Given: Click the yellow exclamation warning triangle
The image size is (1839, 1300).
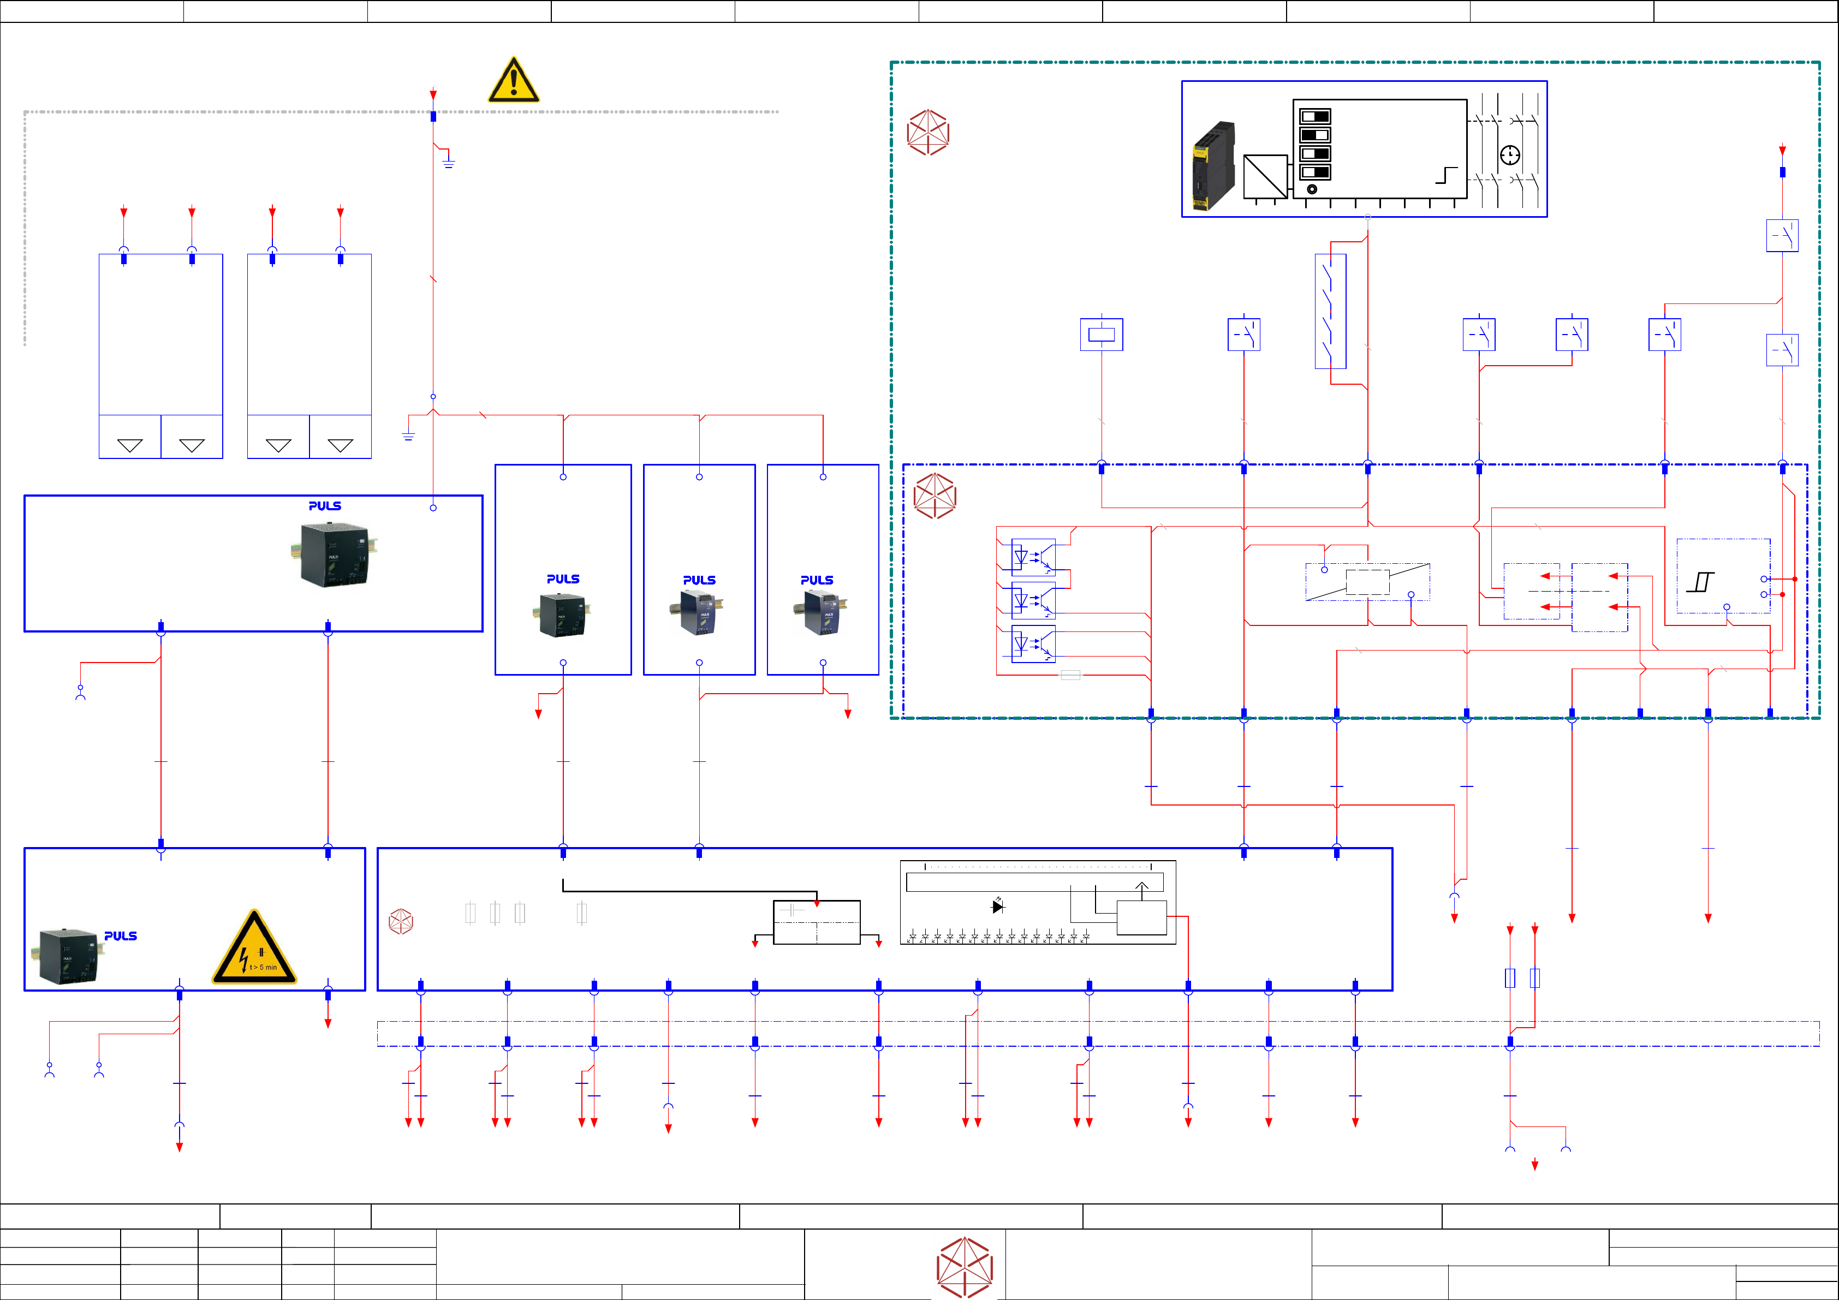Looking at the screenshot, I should pyautogui.click(x=514, y=81).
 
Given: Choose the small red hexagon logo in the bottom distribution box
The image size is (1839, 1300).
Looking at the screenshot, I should pyautogui.click(x=401, y=921).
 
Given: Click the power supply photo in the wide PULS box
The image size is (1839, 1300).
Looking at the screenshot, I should pyautogui.click(x=333, y=554).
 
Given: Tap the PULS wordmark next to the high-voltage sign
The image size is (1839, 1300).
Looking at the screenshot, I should pyautogui.click(x=121, y=935).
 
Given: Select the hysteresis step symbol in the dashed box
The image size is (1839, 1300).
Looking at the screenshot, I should pyautogui.click(x=1700, y=582).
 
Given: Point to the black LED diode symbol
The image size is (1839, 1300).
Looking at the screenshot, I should pyautogui.click(x=998, y=906).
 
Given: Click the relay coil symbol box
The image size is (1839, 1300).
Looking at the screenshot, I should pyautogui.click(x=1102, y=335).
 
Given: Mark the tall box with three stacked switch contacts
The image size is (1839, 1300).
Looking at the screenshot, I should pyautogui.click(x=1330, y=312).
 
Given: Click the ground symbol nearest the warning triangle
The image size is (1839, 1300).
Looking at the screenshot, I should pyautogui.click(x=449, y=161).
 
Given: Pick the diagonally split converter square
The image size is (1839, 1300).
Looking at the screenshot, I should pyautogui.click(x=1265, y=177).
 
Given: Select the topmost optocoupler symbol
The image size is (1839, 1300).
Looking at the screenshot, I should pyautogui.click(x=1033, y=557).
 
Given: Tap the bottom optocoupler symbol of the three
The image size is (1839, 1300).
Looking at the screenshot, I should pyautogui.click(x=1033, y=643).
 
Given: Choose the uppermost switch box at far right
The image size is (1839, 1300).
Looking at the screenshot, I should pyautogui.click(x=1782, y=235).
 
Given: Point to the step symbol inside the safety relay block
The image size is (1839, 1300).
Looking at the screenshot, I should pyautogui.click(x=1446, y=175).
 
